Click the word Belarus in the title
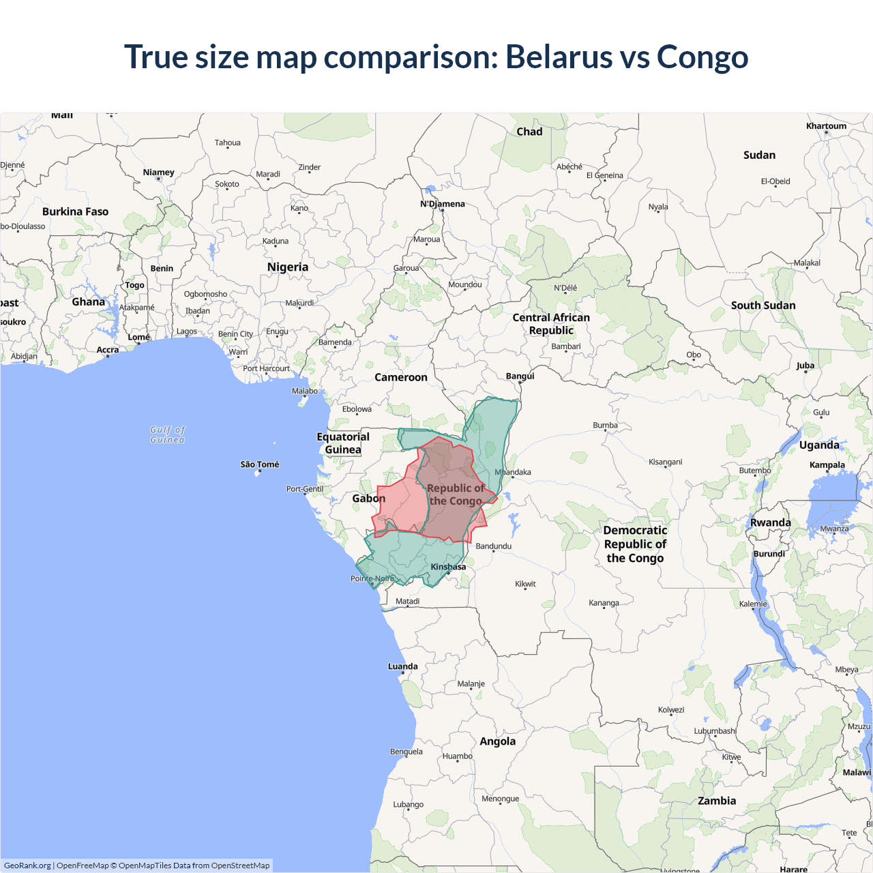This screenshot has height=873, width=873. [x=559, y=57]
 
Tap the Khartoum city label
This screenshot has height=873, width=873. [x=826, y=126]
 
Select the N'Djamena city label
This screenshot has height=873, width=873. [x=442, y=204]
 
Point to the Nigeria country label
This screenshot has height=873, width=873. [x=288, y=267]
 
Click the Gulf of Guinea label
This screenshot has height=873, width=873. [x=168, y=434]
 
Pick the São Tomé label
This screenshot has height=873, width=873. [x=260, y=464]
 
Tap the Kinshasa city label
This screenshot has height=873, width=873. [x=448, y=567]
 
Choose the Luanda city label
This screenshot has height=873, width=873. [x=403, y=666]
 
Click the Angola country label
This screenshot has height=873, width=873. [x=498, y=741]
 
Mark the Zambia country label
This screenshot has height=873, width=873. [x=717, y=801]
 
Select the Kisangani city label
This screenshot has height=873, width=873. [x=666, y=462]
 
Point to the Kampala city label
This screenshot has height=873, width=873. [x=827, y=465]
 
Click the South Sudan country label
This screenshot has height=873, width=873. [x=763, y=306]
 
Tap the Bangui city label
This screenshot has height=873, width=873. [x=520, y=376]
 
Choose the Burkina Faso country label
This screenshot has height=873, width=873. [x=76, y=211]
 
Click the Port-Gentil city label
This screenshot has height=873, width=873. [x=305, y=489]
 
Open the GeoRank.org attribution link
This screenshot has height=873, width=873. [x=27, y=865]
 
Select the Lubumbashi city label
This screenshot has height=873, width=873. [x=715, y=731]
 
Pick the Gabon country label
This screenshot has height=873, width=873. [x=369, y=499]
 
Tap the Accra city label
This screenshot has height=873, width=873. [x=108, y=350]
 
